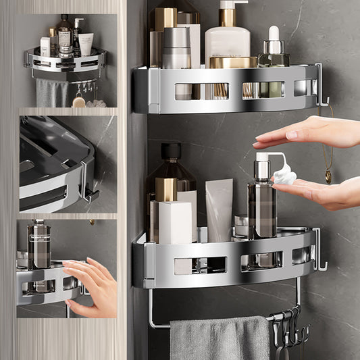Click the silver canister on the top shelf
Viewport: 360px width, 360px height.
tap(176, 47)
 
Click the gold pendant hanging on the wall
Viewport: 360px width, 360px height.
tap(328, 177)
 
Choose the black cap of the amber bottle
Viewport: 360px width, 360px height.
tap(171, 151)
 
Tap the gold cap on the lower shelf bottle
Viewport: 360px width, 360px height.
tap(165, 189)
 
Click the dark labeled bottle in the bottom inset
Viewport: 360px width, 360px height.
tap(39, 245)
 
